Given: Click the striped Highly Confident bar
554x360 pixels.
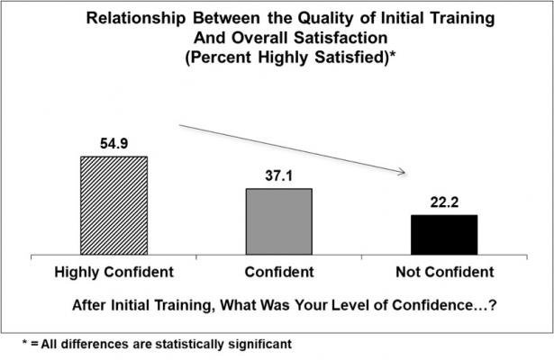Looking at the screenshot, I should click(114, 206).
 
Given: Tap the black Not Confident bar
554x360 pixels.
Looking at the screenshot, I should click(443, 235).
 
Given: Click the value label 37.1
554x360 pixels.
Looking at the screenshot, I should click(278, 177).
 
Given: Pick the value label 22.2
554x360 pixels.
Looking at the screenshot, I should click(443, 203).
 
